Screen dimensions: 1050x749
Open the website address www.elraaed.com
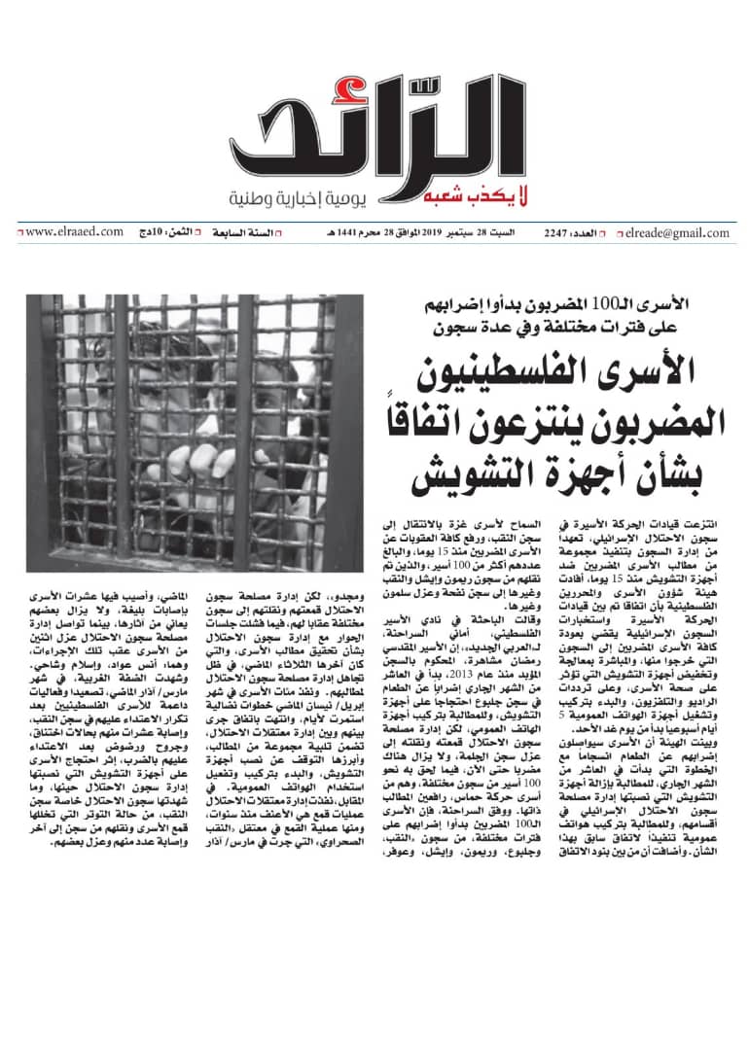coord(72,232)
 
